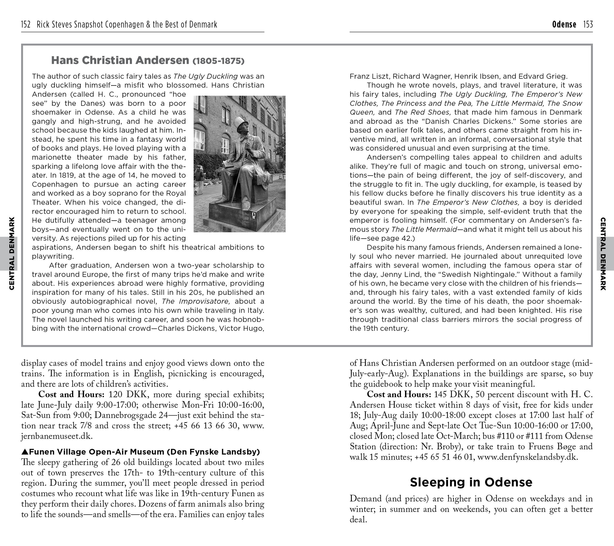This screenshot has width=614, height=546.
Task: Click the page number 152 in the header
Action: [x=26, y=24]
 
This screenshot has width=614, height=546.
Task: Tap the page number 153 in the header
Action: [x=588, y=24]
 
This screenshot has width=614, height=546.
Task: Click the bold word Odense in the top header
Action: [x=564, y=24]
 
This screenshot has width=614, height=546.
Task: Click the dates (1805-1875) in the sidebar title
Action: [x=218, y=61]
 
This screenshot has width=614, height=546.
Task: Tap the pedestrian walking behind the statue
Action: [x=199, y=180]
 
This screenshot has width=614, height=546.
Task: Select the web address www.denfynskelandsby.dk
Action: [x=527, y=457]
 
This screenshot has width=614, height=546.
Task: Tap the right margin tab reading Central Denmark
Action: [x=603, y=254]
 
